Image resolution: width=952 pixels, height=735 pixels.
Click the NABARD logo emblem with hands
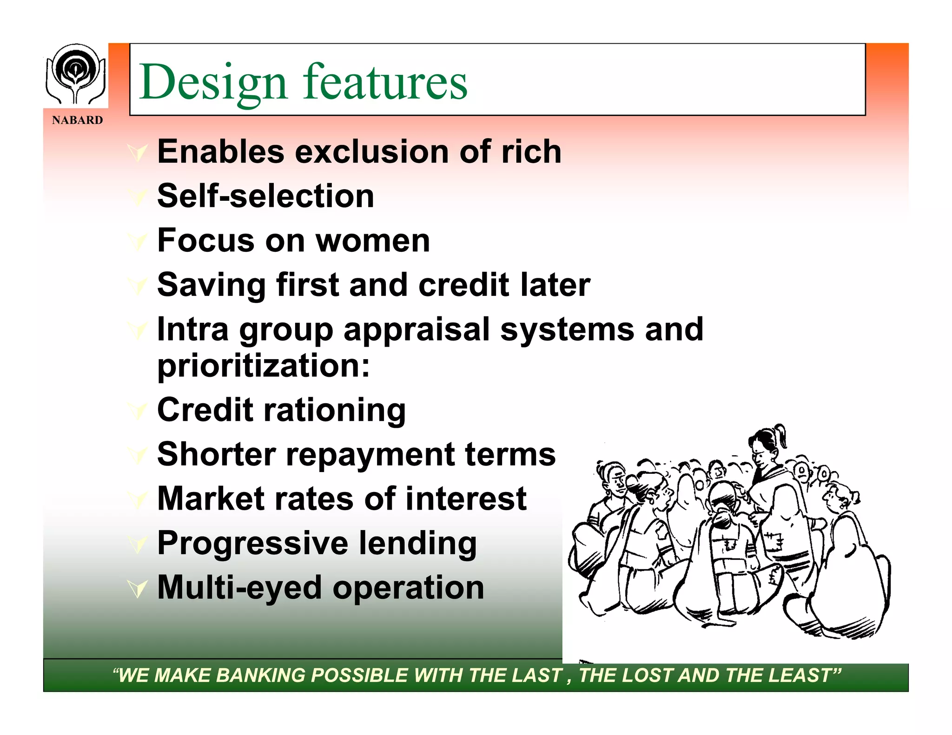(x=75, y=74)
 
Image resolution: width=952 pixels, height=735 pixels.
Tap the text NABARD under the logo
(x=77, y=120)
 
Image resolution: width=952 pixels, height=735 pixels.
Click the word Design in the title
(x=213, y=83)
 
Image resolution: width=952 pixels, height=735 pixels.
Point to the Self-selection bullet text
(x=265, y=196)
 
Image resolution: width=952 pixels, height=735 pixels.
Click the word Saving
(x=212, y=285)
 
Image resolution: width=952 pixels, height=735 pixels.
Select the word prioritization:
(x=264, y=366)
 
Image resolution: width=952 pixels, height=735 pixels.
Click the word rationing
(x=335, y=410)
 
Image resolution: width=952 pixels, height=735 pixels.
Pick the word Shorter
(x=216, y=454)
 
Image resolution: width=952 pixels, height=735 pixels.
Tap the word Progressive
(x=252, y=543)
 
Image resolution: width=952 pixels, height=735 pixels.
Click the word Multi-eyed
(x=239, y=588)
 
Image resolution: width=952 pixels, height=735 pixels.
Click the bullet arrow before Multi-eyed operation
(x=138, y=589)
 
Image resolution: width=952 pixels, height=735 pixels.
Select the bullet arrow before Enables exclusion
(x=138, y=152)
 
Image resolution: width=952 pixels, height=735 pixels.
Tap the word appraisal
(x=416, y=329)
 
